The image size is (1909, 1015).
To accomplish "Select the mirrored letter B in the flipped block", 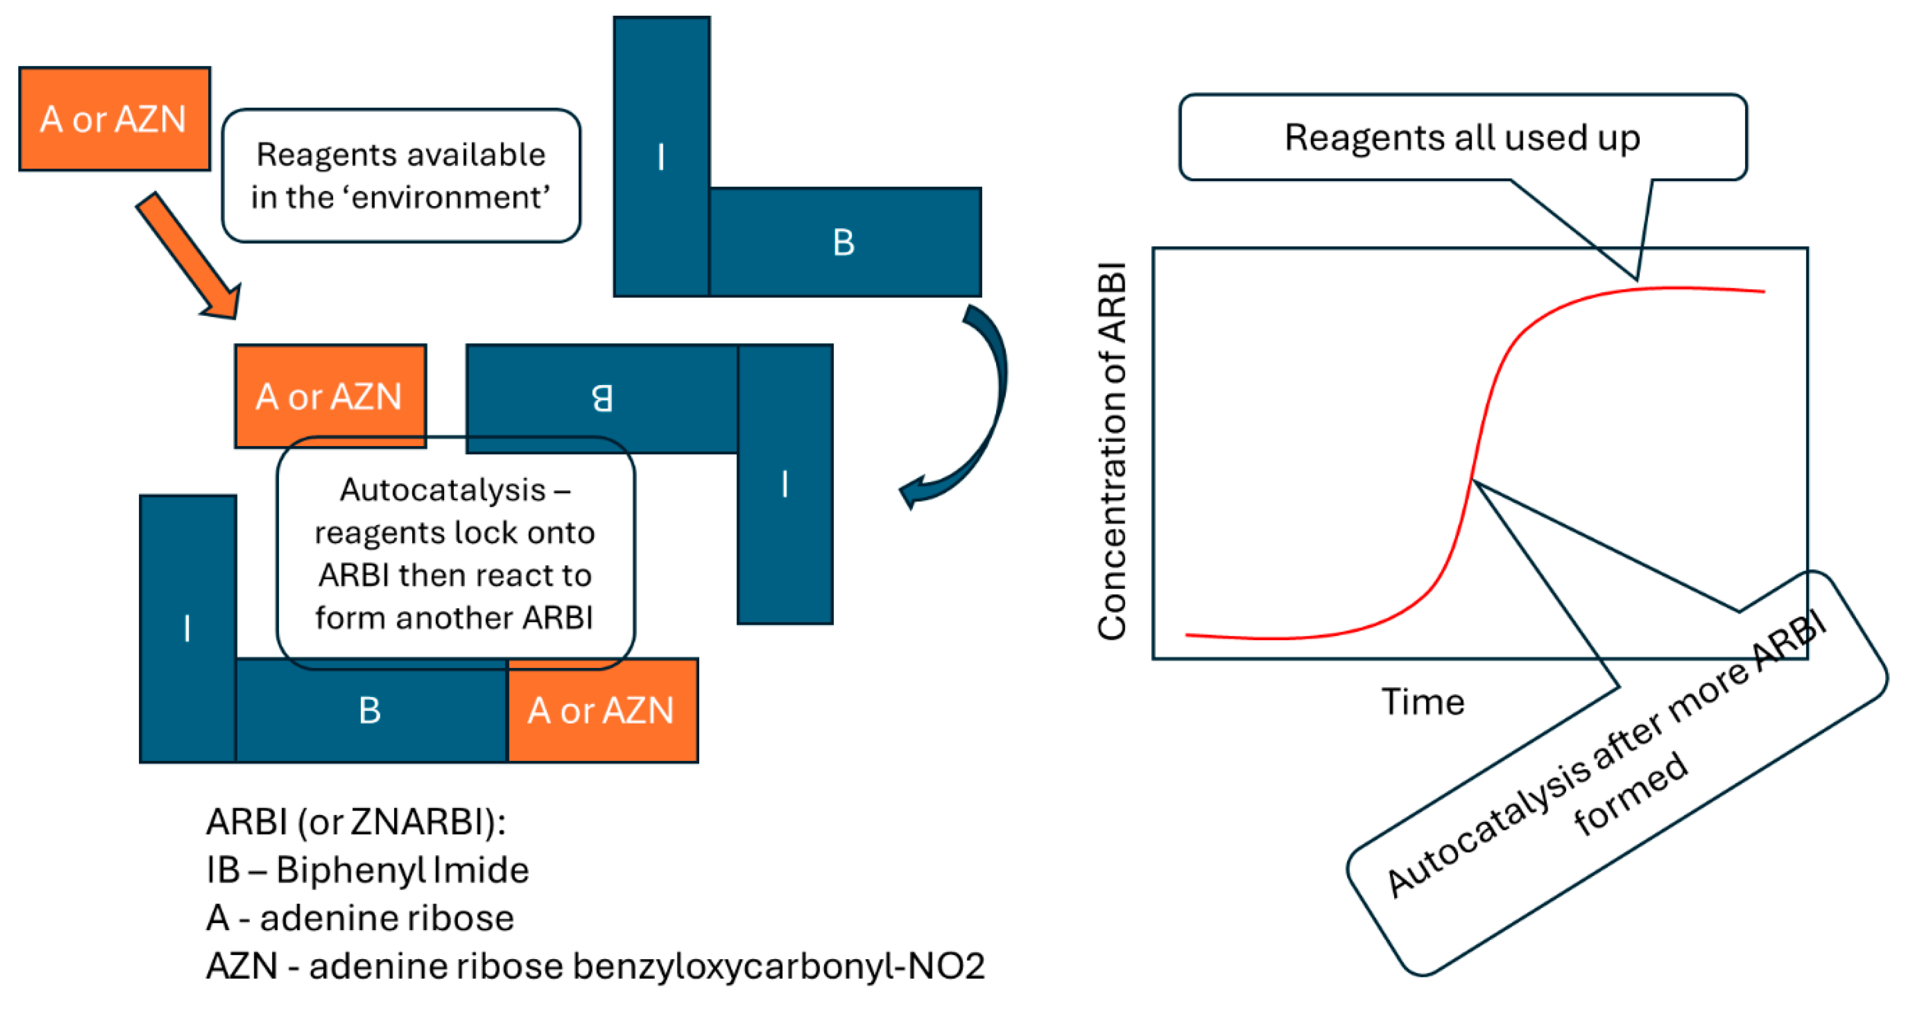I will pos(602,398).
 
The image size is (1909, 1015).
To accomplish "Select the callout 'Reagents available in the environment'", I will pos(401,176).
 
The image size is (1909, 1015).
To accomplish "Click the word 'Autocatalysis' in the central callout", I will pos(443,490).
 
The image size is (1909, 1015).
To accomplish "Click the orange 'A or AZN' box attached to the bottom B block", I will pos(602,711).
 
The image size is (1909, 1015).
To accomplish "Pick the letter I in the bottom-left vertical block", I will pos(187,628).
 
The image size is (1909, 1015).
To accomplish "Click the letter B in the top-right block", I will pos(843,242).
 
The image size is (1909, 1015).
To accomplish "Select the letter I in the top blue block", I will pos(660,157).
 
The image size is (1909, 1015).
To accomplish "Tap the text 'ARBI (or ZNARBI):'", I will pos(356,821).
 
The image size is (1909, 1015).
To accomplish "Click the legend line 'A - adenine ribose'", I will pos(360,918).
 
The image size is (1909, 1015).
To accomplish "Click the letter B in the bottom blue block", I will pos(370,711).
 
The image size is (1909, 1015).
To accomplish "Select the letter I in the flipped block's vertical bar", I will pos(784,484).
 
